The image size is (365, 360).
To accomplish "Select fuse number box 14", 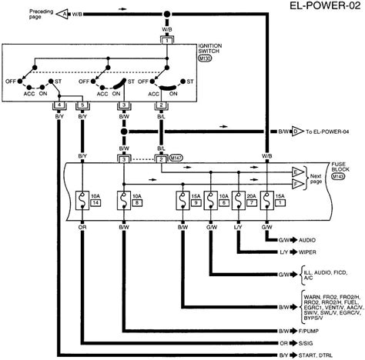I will [95, 203].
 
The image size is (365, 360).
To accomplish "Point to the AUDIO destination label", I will [308, 238].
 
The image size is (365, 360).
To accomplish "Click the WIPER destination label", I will [307, 250].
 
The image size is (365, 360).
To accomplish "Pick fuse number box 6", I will [223, 203].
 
